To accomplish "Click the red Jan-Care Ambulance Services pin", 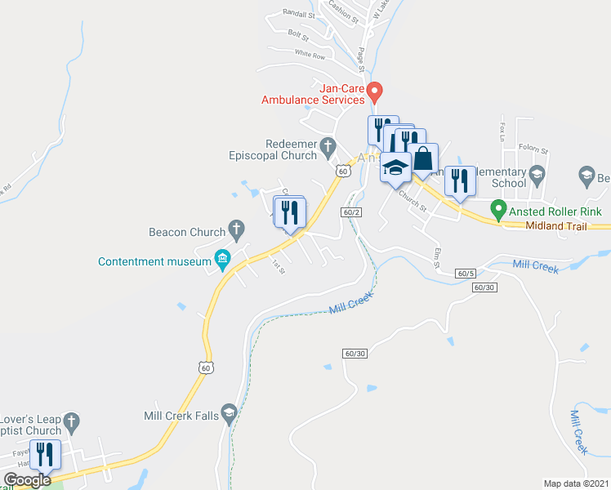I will pos(374,89).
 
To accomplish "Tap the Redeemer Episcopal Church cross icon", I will pos(328,147).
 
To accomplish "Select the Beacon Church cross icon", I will pos(236,228).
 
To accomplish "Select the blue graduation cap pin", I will pos(395,167).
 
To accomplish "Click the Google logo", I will pos(28,480).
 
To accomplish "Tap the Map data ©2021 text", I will pos(575,483).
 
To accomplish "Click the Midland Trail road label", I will pos(551,225).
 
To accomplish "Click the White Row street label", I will pos(310,55).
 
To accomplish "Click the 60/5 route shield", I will pos(466,274).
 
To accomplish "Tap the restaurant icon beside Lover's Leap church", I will pos(46,453).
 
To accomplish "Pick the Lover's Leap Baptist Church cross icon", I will pos(71,421).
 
